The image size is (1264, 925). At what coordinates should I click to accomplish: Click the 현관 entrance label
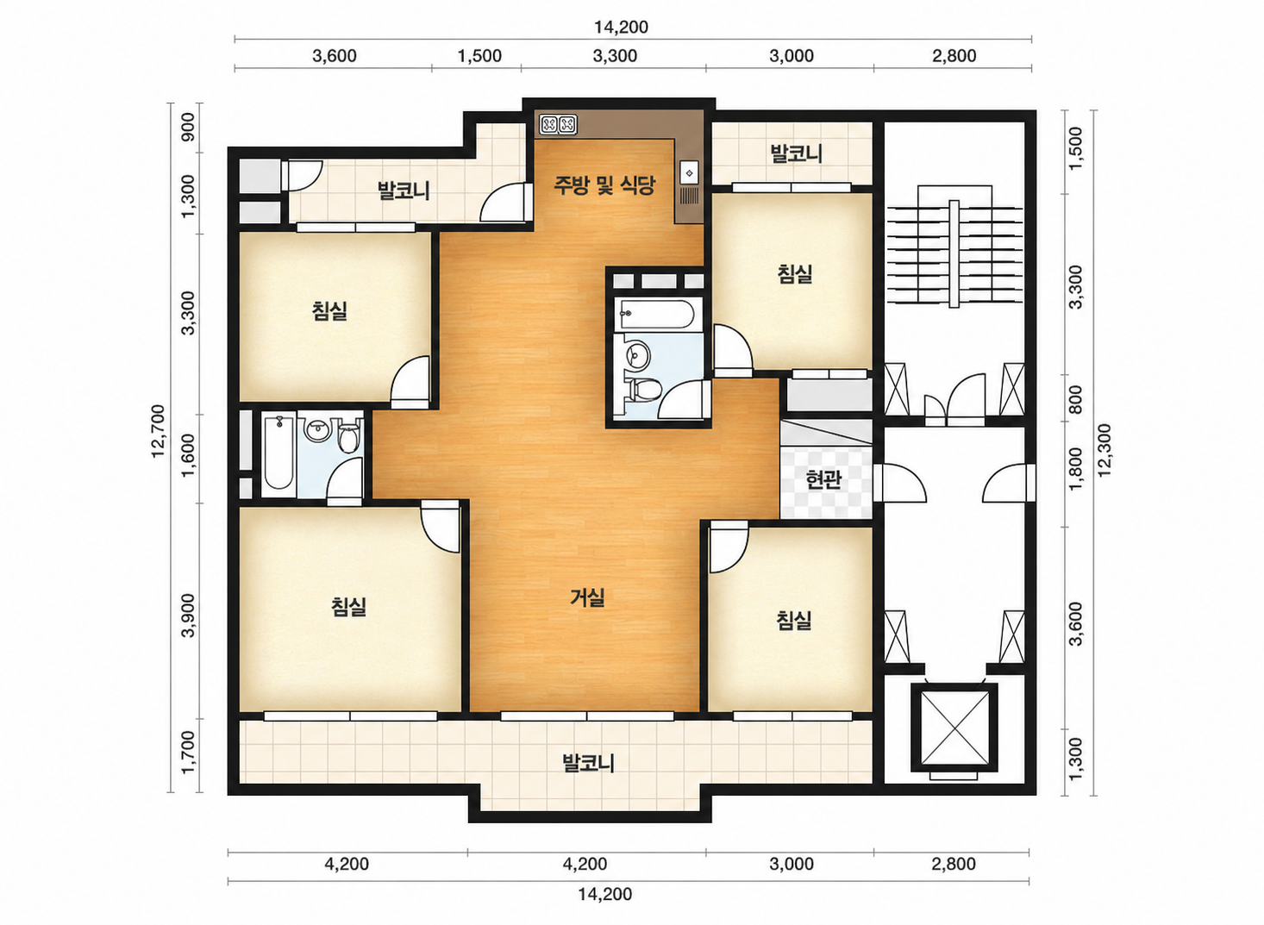pos(823,480)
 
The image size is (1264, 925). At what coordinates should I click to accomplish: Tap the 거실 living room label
pos(587,597)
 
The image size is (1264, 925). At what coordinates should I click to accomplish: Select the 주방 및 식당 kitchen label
pos(604,184)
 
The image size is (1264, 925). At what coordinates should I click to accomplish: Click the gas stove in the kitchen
pos(558,125)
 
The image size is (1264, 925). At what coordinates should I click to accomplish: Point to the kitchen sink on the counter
pos(689,172)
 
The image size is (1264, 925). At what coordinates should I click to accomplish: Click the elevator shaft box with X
pos(954,727)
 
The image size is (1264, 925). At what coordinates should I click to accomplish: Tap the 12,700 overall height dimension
pos(159,431)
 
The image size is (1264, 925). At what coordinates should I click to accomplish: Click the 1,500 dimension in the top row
pos(479,56)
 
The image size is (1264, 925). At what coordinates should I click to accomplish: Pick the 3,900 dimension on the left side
pos(189,615)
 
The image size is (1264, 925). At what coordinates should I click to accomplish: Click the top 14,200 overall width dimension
pos(621,27)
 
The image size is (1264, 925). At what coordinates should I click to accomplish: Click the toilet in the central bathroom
pos(644,389)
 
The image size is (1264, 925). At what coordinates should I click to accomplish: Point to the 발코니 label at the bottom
pos(588,764)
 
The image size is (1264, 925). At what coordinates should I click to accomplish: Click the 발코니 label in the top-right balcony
pos(796,153)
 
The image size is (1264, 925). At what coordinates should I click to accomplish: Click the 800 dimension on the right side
pos(1076,400)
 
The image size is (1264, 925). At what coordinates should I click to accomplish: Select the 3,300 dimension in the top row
pos(615,56)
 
